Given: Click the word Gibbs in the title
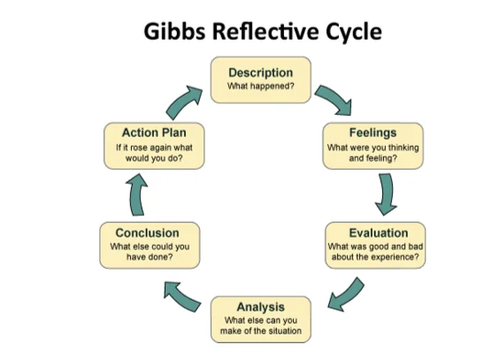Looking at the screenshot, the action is tap(175, 32).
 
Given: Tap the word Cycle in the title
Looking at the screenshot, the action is tap(354, 33).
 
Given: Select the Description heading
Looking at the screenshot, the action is tap(261, 73).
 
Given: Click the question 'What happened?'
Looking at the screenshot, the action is tap(261, 86).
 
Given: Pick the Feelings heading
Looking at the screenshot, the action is tap(373, 133).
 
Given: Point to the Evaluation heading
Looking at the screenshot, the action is tap(379, 233).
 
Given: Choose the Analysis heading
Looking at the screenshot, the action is tap(261, 307).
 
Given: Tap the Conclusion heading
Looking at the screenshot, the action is tap(147, 233).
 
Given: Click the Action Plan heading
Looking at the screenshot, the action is tap(154, 133).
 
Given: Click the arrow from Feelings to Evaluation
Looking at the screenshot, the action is tap(387, 194).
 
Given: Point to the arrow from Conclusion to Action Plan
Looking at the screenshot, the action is tap(137, 195).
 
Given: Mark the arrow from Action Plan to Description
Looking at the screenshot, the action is tap(183, 103).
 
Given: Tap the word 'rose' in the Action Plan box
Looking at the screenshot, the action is tap(138, 148).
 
